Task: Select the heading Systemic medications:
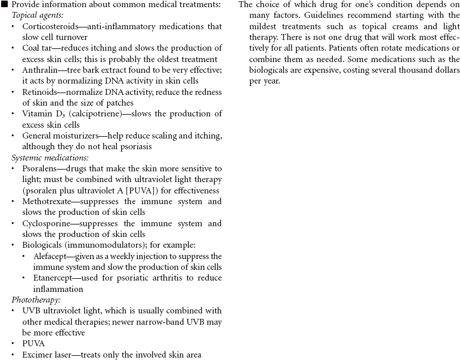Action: pos(50,158)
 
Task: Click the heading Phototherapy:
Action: pos(38,300)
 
